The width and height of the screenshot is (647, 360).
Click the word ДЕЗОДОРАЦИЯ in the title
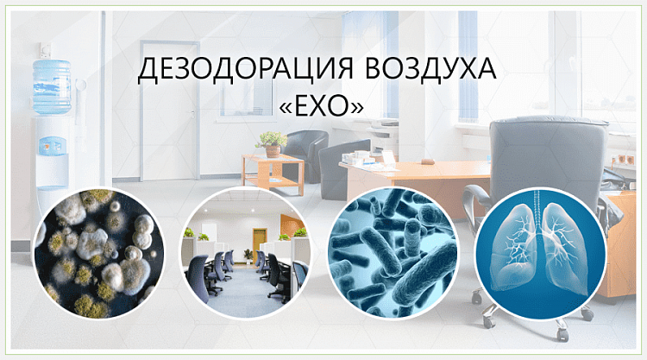point(246,69)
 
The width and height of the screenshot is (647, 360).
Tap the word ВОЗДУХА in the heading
point(430,68)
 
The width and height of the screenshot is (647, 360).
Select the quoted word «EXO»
point(322,106)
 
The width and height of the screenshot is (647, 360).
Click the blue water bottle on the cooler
point(52,86)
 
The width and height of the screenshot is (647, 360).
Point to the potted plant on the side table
point(272,144)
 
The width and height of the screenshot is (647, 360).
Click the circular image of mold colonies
point(99,254)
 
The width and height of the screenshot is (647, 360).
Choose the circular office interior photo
point(246,254)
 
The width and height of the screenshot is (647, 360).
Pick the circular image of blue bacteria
point(393,254)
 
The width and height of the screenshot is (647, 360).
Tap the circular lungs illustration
point(540,254)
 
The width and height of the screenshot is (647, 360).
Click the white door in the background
point(170,111)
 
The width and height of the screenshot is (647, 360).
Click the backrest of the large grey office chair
point(549,157)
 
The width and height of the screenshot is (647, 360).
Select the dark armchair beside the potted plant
point(305,154)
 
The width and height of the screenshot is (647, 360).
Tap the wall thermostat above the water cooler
point(46,50)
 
